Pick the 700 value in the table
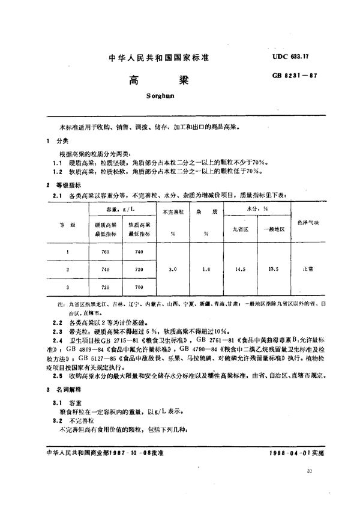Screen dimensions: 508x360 (x=139, y=288)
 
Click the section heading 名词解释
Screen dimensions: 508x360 (x=66, y=389)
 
